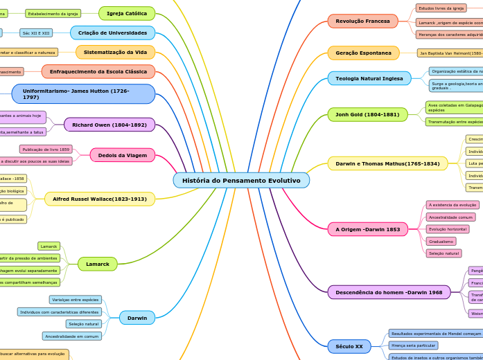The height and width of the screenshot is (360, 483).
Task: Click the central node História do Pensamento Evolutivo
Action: pyautogui.click(x=241, y=181)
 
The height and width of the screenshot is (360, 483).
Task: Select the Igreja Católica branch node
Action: pyautogui.click(x=126, y=13)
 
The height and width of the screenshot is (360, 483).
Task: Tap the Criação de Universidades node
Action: pyautogui.click(x=112, y=33)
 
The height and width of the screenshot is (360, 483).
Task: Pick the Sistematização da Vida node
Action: pyautogui.click(x=115, y=52)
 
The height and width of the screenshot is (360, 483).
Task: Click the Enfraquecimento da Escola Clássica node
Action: pyautogui.click(x=98, y=71)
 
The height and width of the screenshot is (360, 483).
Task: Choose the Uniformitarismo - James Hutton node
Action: pyautogui.click(x=83, y=93)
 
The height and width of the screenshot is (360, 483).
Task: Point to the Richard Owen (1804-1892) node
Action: pyautogui.click(x=109, y=125)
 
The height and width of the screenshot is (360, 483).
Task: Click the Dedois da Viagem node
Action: pyautogui.click(x=122, y=155)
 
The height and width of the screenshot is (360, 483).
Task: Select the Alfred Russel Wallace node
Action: pyautogui.click(x=100, y=199)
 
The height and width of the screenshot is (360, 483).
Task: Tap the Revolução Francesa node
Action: pyautogui.click(x=362, y=21)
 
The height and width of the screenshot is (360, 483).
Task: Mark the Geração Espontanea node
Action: pyautogui.click(x=363, y=53)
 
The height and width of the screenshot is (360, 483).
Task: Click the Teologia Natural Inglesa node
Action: pyautogui.click(x=369, y=78)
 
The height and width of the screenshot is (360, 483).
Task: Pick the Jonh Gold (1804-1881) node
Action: pyautogui.click(x=367, y=114)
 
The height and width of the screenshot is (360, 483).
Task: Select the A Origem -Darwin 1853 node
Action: pyautogui.click(x=368, y=229)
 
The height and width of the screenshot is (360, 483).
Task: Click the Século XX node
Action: pyautogui.click(x=349, y=346)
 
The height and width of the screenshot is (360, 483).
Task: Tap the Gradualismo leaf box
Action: pyautogui.click(x=441, y=242)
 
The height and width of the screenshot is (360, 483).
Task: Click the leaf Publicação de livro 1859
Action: pyautogui.click(x=46, y=149)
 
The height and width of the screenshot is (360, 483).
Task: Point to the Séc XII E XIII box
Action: pyautogui.click(x=36, y=33)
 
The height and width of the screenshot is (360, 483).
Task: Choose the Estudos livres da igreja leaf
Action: pyautogui.click(x=441, y=8)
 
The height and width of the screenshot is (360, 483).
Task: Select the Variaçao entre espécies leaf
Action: pyautogui.click(x=76, y=300)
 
